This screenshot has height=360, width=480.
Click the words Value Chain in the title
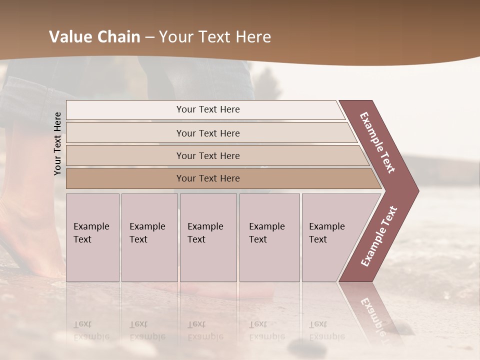pos(94,37)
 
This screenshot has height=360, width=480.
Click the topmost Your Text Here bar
pos(207,109)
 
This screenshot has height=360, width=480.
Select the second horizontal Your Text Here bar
pos(207,133)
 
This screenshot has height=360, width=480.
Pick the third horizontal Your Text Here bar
pos(207,155)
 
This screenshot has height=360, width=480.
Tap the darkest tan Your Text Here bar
pos(207,178)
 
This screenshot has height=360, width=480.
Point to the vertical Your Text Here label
pos(57,143)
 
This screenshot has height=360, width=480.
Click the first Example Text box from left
pos(92,237)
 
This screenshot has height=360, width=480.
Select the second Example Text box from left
pos(149,237)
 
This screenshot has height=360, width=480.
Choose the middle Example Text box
pos(208,237)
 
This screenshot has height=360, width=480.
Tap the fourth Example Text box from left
pos(269,237)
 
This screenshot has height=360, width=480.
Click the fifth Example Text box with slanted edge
pos(330,237)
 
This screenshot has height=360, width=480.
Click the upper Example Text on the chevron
pos(378,142)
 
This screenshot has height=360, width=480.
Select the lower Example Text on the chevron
pos(378,236)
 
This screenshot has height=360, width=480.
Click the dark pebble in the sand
pos(299,345)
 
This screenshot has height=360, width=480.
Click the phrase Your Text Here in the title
pos(215,37)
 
